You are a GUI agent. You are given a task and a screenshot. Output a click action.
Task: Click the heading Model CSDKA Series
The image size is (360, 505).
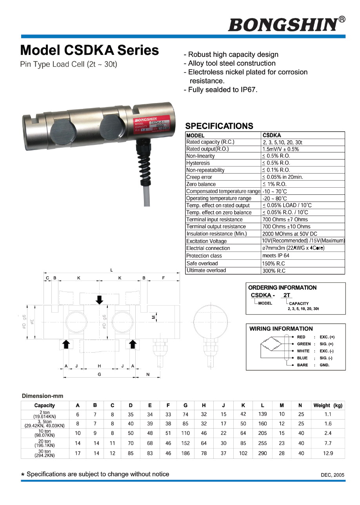[89, 50]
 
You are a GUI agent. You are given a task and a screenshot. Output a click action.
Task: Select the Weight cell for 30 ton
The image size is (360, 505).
[328, 453]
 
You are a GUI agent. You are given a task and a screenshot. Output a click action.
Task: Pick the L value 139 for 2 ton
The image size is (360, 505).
[262, 414]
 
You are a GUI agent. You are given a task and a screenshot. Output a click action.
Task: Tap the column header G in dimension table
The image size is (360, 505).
[185, 405]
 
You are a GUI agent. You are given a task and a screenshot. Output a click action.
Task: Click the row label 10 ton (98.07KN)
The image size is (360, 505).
[44, 433]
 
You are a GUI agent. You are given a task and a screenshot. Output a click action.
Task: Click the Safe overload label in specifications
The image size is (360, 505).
[202, 263]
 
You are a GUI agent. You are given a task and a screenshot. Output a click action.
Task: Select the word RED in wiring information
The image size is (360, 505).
[301, 337]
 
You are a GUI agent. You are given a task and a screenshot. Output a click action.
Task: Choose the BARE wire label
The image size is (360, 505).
[302, 365]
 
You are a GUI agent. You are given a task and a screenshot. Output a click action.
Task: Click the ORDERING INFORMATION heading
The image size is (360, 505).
[282, 288]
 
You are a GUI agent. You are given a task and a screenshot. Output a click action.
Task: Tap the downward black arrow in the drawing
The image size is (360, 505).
[100, 300]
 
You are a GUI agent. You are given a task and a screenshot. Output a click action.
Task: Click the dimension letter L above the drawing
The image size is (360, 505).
[112, 270]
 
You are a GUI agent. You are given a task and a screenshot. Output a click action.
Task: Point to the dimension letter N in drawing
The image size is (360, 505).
[148, 375]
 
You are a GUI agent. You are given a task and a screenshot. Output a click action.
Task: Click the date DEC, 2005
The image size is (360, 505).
[333, 475]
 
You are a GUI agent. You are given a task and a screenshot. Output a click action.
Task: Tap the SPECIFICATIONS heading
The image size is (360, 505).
[219, 126]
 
